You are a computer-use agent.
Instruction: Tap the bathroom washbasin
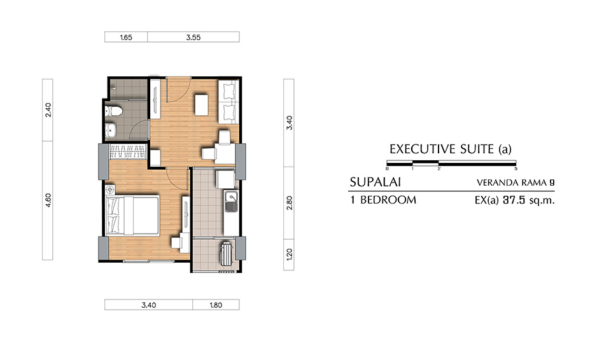pyautogui.click(x=111, y=131)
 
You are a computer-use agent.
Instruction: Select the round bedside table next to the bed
pyautogui.click(x=112, y=190)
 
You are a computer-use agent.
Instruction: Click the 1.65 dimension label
pyautogui.click(x=126, y=38)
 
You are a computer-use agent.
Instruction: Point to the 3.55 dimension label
pyautogui.click(x=193, y=38)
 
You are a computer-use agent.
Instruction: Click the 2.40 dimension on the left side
pyautogui.click(x=47, y=110)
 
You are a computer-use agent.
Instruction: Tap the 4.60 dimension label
pyautogui.click(x=47, y=200)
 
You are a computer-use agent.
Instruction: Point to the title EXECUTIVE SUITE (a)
pyautogui.click(x=450, y=150)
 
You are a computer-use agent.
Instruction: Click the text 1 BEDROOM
pyautogui.click(x=383, y=200)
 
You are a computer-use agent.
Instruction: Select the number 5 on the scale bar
pyautogui.click(x=515, y=169)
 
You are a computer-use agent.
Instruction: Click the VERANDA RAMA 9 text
pyautogui.click(x=515, y=183)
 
